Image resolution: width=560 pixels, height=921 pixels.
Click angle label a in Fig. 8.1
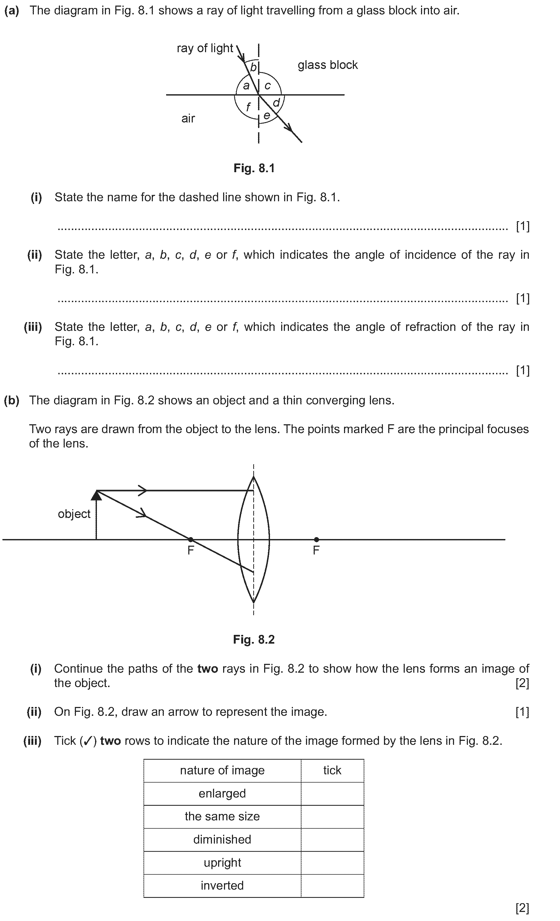246,86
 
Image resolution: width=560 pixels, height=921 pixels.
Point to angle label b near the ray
253,68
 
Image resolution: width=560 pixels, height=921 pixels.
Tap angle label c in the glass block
267,86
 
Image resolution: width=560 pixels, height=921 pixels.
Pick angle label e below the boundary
267,116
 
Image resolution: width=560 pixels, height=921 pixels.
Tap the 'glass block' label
328,65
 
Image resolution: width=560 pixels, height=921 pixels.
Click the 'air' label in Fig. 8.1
188,118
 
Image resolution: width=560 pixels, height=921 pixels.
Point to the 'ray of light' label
205,48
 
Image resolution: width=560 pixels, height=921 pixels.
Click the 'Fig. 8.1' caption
254,168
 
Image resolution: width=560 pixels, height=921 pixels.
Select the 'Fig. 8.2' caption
254,640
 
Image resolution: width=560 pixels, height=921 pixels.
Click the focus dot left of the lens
191,539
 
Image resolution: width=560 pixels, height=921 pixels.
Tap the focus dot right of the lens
317,539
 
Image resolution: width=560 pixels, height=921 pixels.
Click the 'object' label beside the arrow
74,514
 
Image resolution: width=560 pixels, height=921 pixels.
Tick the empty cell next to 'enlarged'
332,793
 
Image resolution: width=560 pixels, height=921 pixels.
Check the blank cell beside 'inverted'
332,886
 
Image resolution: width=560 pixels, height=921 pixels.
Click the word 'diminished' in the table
222,840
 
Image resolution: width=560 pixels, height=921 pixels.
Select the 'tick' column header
332,770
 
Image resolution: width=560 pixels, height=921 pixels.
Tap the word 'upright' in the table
222,862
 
